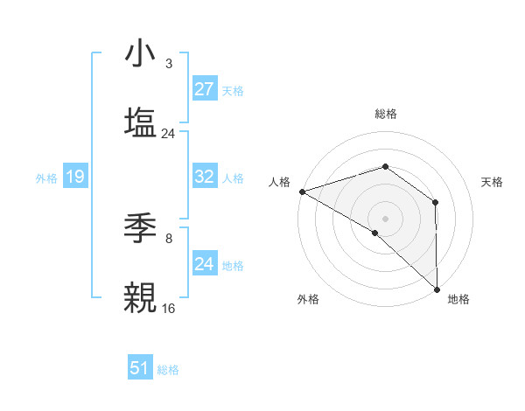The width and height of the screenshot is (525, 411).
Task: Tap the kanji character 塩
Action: (x=140, y=122)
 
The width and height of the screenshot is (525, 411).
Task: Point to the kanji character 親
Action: (x=140, y=296)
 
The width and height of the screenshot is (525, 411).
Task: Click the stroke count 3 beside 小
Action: (x=169, y=65)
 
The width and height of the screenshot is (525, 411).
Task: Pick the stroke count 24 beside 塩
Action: (x=169, y=134)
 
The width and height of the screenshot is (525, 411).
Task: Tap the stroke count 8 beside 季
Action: (x=169, y=238)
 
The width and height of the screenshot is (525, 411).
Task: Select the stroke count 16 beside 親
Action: (x=169, y=308)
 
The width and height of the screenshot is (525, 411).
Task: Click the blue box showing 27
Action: (x=205, y=89)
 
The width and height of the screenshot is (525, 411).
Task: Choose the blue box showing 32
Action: (x=205, y=177)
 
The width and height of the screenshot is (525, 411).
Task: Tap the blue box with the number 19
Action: (x=75, y=177)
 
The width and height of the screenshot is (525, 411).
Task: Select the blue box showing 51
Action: (x=140, y=368)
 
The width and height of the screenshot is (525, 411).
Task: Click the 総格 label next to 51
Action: (x=168, y=370)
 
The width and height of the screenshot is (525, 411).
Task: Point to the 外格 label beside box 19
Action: (x=46, y=178)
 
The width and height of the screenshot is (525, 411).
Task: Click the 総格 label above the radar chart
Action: (x=385, y=114)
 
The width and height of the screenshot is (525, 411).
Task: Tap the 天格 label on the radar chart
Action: (x=493, y=182)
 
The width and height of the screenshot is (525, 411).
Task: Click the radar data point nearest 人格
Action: (x=301, y=191)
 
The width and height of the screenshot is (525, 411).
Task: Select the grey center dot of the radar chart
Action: (x=385, y=218)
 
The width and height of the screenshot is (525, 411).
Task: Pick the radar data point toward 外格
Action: (x=375, y=233)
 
